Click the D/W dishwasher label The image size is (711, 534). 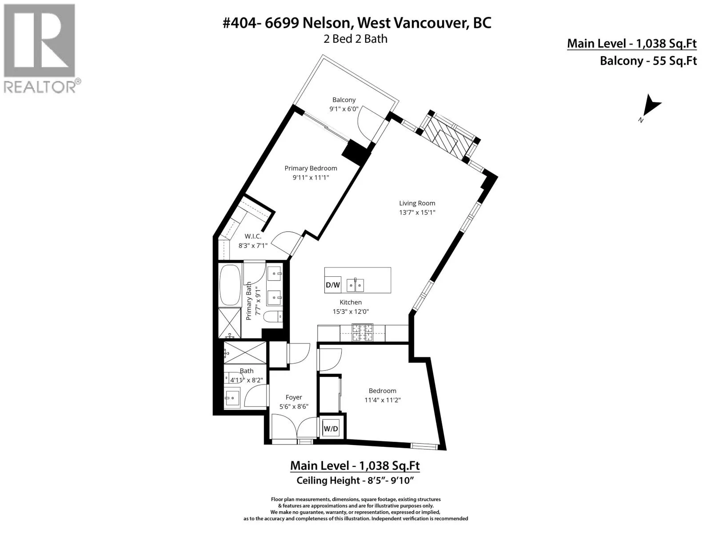[333, 285]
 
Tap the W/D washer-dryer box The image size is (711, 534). [331, 429]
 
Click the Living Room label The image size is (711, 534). [417, 203]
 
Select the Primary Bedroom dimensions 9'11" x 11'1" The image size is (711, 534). [311, 178]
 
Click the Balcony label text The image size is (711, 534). [344, 100]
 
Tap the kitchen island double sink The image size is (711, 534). [355, 285]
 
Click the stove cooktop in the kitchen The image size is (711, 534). [363, 333]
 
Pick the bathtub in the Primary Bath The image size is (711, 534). [230, 285]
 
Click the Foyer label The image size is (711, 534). [294, 397]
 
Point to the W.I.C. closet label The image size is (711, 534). [253, 236]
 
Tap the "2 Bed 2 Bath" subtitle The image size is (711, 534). [355, 39]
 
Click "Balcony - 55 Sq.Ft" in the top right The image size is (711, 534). [648, 61]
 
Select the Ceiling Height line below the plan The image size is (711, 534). [355, 480]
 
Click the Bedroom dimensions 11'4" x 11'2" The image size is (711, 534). [383, 400]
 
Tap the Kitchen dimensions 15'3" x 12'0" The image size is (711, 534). [351, 311]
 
